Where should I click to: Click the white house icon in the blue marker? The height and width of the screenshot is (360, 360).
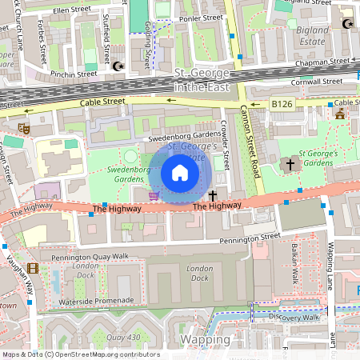click(x=180, y=173)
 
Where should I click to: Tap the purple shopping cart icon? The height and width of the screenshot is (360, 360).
click(x=154, y=194)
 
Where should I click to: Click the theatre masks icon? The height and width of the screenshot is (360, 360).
click(x=25, y=126)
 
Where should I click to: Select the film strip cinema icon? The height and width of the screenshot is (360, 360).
click(x=32, y=268)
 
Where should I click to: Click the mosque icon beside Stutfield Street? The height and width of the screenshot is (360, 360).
click(x=119, y=66)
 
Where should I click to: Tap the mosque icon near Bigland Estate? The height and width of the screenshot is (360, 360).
click(x=347, y=24)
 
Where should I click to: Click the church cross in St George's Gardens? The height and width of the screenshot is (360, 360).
click(x=289, y=164)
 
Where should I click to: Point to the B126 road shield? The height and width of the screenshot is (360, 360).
click(x=282, y=103)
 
